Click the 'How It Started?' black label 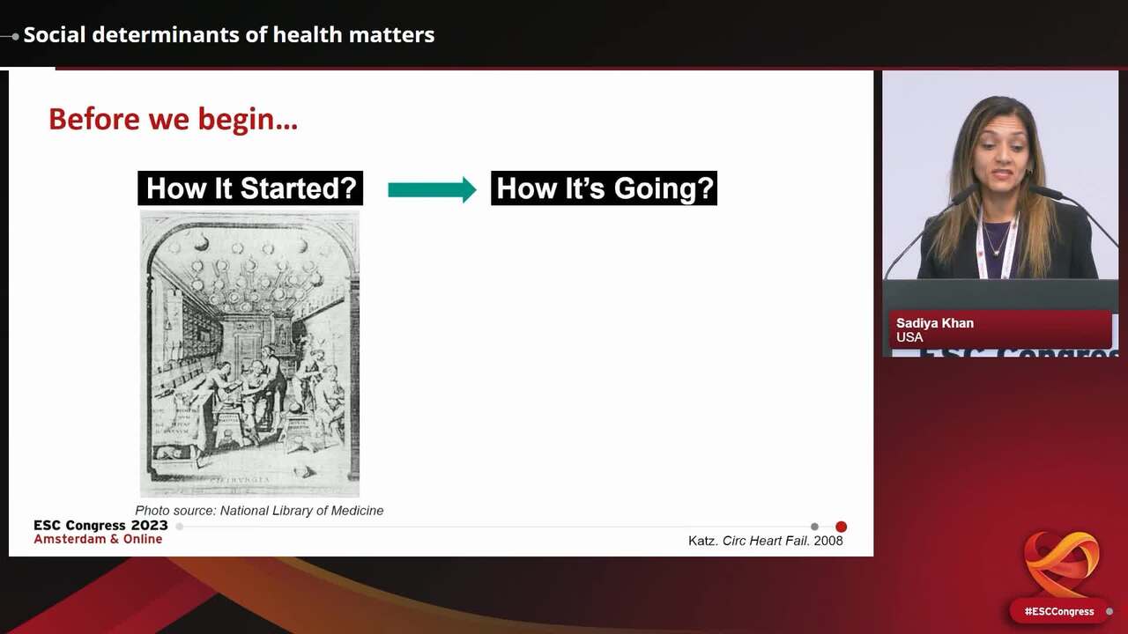(250, 188)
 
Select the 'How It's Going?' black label (604, 188)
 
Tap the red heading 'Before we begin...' (173, 119)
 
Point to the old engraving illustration (249, 354)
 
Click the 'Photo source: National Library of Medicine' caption (259, 511)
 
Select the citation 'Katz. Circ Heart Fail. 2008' (765, 541)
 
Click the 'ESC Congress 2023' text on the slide (100, 526)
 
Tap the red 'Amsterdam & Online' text (98, 539)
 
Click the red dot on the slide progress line (841, 527)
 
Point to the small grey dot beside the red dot (814, 527)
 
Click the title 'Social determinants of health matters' (229, 35)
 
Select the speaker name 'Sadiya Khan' (935, 323)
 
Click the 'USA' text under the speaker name (909, 337)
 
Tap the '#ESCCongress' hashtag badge (1059, 611)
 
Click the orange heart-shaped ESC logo (1061, 563)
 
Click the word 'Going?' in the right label (669, 188)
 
